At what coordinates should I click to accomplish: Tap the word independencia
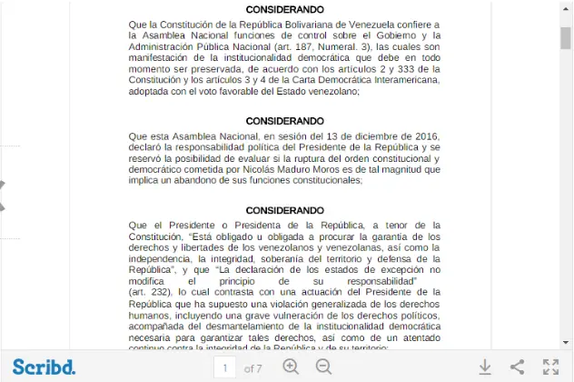160,258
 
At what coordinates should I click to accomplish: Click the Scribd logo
44,367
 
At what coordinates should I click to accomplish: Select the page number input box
224,367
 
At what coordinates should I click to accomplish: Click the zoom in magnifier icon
291,367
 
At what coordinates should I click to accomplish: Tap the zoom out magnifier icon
323,367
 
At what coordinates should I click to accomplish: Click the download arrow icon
485,367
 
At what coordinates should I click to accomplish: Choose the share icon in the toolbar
517,367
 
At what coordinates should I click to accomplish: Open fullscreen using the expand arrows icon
550,367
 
